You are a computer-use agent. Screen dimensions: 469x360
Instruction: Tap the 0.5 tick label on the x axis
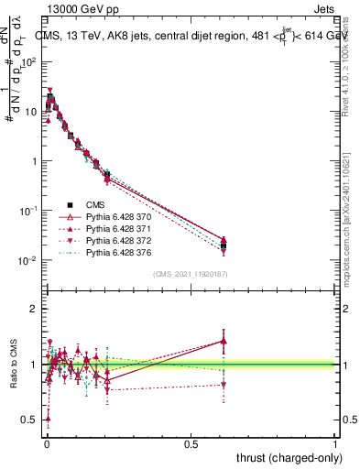click(191, 442)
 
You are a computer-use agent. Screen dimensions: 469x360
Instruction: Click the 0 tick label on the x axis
click(46, 442)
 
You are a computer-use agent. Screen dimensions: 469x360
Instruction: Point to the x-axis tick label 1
click(335, 442)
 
